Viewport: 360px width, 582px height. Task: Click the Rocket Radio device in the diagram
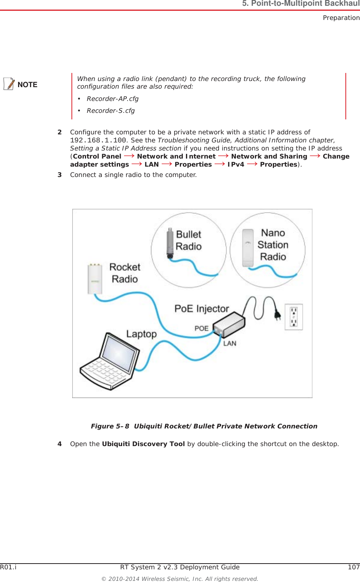click(95, 279)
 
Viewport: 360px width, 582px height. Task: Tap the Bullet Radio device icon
click(170, 243)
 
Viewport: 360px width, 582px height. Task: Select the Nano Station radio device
click(248, 248)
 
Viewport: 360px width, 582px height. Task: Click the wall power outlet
click(294, 317)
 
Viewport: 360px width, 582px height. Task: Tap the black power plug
click(277, 314)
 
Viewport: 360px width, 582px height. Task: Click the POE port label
click(201, 329)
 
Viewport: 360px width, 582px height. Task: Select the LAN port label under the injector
click(230, 344)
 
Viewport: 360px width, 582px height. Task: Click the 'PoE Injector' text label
click(202, 309)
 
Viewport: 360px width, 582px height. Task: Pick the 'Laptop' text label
click(141, 334)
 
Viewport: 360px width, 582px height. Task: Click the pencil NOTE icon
click(10, 84)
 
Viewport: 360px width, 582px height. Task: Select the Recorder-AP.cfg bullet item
click(112, 99)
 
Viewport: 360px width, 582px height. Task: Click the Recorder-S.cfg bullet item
click(110, 111)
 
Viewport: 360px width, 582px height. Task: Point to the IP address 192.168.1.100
click(98, 141)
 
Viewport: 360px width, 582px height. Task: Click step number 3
click(60, 175)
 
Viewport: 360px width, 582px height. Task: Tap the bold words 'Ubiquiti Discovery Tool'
click(143, 444)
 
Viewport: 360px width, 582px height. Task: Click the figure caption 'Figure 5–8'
click(110, 427)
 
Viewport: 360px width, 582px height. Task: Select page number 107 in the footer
click(353, 567)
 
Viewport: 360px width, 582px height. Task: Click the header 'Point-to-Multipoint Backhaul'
click(305, 4)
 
